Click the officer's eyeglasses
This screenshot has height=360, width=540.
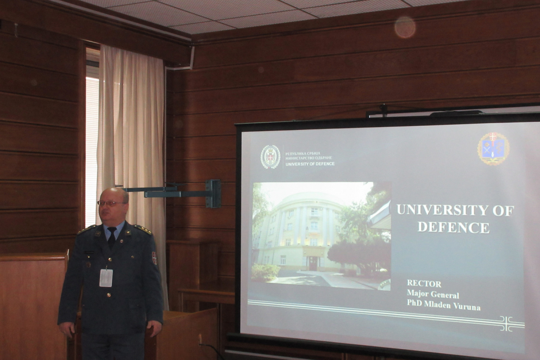112,203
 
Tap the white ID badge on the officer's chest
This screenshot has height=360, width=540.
106,278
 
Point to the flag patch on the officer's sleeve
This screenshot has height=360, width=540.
154,258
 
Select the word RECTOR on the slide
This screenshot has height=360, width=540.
424,284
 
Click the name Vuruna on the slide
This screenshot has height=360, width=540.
467,306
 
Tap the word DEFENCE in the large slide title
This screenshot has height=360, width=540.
454,227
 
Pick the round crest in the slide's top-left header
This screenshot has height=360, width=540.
270,157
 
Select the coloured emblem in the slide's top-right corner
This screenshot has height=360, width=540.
493,148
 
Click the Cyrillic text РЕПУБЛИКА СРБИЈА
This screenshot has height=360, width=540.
303,153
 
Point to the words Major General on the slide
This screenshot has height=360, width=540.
433,294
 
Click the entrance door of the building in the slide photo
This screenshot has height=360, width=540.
313,263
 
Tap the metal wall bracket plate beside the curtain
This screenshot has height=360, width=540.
213,193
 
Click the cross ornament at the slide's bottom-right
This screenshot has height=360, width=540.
507,324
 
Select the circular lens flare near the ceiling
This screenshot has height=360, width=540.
405,27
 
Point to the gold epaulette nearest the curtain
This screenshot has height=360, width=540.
143,229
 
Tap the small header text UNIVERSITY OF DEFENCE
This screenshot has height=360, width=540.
310,164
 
